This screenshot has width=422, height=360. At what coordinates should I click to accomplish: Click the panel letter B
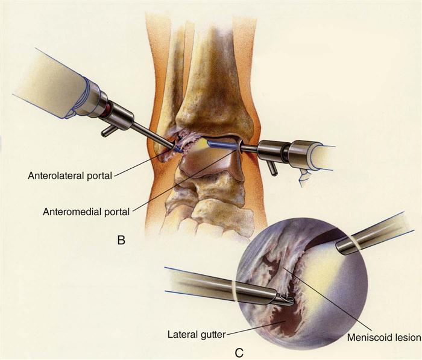coord(121,241)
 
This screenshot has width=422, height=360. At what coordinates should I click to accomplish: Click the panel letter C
coord(240,350)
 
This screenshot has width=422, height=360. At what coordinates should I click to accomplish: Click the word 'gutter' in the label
coord(212,330)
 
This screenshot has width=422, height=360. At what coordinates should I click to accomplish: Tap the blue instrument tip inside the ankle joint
coord(178,147)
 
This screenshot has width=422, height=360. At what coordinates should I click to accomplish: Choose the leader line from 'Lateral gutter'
coord(247,326)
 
